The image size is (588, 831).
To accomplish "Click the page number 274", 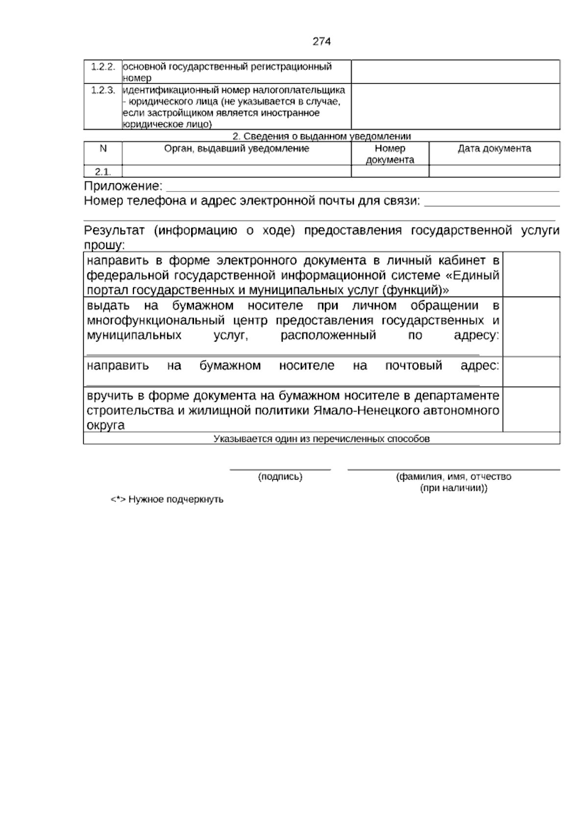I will point(321,42).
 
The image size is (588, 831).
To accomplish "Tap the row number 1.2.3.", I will point(103,90).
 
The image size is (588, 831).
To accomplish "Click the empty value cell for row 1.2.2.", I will point(455,72).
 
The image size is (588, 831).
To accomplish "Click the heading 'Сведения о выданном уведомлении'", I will point(321,136).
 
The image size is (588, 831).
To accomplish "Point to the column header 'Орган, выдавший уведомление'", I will point(237,148).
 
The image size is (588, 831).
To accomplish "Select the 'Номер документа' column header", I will point(390,154).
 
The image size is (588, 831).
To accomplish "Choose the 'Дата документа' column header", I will point(494,148).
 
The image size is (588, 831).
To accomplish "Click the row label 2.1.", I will point(103,171).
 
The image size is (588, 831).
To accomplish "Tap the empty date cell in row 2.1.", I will point(494,171).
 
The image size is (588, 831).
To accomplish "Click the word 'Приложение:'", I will point(123,186).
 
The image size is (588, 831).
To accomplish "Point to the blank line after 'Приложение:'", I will point(363,188).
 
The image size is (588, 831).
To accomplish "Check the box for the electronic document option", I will point(531,274).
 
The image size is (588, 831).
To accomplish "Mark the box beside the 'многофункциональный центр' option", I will point(531,326).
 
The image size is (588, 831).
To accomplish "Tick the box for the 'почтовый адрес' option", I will point(531,372).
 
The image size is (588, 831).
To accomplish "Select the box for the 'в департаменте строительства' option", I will point(531,409).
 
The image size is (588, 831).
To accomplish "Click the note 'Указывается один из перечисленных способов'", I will point(321,439).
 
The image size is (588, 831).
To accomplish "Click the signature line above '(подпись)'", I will point(280,469).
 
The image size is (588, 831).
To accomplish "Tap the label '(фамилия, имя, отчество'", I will point(453,477).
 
